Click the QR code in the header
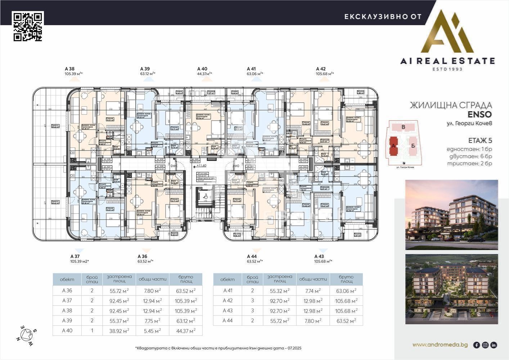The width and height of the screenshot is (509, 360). click(x=28, y=26)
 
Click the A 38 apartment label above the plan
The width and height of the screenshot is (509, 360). click(x=69, y=69)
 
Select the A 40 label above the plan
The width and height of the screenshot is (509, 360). click(x=202, y=69)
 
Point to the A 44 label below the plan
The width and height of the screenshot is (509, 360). click(x=252, y=256)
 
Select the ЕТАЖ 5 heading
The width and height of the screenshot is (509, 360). click(x=480, y=140)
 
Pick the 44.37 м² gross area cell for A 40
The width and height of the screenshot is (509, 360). click(x=185, y=330)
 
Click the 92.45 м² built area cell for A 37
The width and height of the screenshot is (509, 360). click(x=119, y=301)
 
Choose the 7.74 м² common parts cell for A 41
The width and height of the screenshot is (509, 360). click(x=312, y=291)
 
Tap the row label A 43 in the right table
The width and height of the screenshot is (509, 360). click(x=228, y=311)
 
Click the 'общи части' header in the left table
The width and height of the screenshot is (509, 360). click(x=152, y=279)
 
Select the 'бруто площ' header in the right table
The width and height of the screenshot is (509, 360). click(x=346, y=279)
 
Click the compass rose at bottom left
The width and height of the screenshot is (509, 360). click(x=27, y=336)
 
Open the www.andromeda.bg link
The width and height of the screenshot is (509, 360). click(x=440, y=345)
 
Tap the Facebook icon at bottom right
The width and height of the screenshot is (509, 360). click(x=476, y=345)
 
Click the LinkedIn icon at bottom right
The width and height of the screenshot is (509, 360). click(x=494, y=345)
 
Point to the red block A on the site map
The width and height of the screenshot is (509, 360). click(x=393, y=146)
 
